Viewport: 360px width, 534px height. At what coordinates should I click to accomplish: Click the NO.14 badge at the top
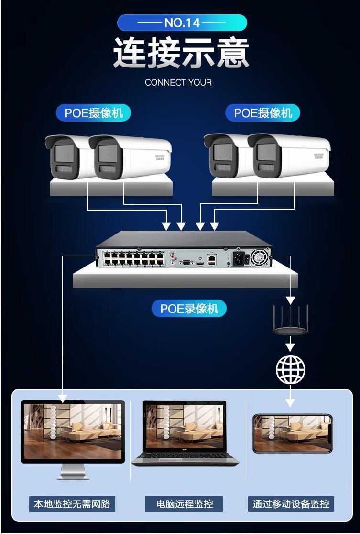(182, 22)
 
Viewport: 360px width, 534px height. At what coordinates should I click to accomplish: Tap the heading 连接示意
(181, 53)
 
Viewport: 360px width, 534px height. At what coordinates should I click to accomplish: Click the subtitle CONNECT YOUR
(178, 82)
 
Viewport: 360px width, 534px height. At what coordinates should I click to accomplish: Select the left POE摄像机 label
(94, 113)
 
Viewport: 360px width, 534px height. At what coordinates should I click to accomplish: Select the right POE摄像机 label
(263, 113)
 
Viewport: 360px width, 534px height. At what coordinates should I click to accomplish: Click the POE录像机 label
(189, 309)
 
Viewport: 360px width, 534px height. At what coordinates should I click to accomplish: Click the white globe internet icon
(290, 369)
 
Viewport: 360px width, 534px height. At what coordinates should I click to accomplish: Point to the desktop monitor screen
(73, 431)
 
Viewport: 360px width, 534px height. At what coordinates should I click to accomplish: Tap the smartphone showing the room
(292, 434)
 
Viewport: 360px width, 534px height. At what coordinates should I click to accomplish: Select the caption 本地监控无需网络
(72, 503)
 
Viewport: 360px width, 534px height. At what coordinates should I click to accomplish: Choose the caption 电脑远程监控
(185, 503)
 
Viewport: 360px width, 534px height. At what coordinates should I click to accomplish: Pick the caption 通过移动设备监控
(291, 503)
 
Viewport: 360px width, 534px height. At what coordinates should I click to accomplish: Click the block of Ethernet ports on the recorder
(134, 258)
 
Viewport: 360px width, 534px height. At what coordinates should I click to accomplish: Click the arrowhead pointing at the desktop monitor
(63, 397)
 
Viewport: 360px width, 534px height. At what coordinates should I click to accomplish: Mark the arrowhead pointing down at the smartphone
(290, 402)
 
